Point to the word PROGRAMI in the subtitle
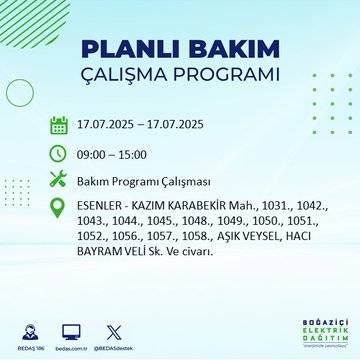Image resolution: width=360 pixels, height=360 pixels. pyautogui.click(x=227, y=76)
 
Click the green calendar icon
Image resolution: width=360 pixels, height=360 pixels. pyautogui.click(x=60, y=126)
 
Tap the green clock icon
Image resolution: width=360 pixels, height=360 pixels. pyautogui.click(x=60, y=154)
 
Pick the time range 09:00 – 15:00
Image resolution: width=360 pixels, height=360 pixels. pyautogui.click(x=112, y=155)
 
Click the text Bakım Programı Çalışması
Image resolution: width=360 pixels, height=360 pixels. pyautogui.click(x=146, y=183)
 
